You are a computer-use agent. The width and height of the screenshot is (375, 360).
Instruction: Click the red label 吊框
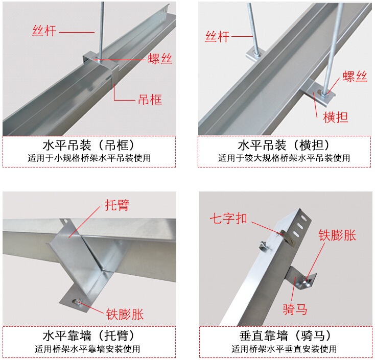[x=150, y=100]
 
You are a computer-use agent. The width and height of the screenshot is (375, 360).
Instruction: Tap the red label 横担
[x=335, y=117]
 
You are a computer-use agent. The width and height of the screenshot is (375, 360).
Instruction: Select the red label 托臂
[x=117, y=205]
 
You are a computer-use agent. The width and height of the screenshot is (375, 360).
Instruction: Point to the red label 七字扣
[x=228, y=218]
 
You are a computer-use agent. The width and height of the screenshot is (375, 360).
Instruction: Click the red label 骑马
[x=295, y=309]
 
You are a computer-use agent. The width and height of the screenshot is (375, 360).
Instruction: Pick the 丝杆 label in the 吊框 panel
[x=44, y=31]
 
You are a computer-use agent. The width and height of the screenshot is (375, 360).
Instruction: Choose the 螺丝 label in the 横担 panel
[x=355, y=77]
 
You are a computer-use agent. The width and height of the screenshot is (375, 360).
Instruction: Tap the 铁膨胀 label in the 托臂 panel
[x=125, y=314]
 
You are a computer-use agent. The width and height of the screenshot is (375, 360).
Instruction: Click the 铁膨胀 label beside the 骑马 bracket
[x=337, y=235]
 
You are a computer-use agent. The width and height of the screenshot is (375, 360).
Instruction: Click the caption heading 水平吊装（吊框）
[x=89, y=145]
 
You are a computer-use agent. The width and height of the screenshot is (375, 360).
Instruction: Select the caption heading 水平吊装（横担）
[x=284, y=145]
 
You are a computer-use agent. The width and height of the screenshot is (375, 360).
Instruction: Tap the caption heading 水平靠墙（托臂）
[x=89, y=335]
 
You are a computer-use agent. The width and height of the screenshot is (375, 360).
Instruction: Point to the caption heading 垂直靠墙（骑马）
[x=285, y=335]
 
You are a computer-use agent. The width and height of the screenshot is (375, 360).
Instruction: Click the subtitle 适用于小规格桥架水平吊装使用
[x=89, y=158]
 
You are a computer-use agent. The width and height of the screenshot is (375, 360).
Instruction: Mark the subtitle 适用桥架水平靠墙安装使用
[x=87, y=349]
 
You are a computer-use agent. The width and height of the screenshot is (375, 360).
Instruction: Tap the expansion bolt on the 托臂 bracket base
[x=78, y=302]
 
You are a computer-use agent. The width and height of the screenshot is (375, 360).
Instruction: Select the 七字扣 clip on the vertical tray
[x=288, y=237]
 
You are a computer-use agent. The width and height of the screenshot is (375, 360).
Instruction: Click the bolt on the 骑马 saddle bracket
[x=307, y=281]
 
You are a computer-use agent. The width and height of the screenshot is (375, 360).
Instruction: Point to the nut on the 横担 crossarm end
[x=324, y=93]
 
